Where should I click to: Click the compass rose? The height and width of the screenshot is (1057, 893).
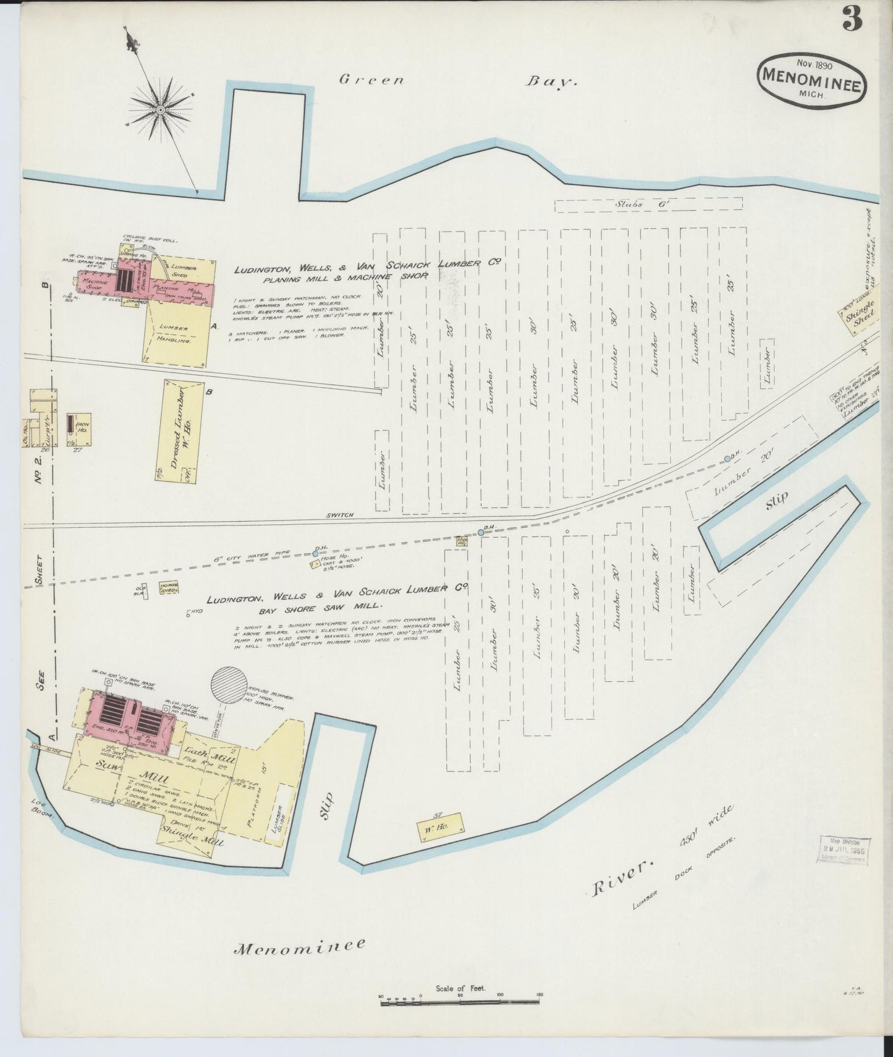160,109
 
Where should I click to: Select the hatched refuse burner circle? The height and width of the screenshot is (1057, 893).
229,685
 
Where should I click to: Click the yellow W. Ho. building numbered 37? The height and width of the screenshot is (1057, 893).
440,825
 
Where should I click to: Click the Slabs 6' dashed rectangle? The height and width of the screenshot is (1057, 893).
648,205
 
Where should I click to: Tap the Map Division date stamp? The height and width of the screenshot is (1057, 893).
845,851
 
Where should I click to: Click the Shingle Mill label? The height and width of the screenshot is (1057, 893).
192,839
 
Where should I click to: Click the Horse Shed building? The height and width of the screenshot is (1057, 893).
169,588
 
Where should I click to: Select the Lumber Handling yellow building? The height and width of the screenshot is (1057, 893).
177,334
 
